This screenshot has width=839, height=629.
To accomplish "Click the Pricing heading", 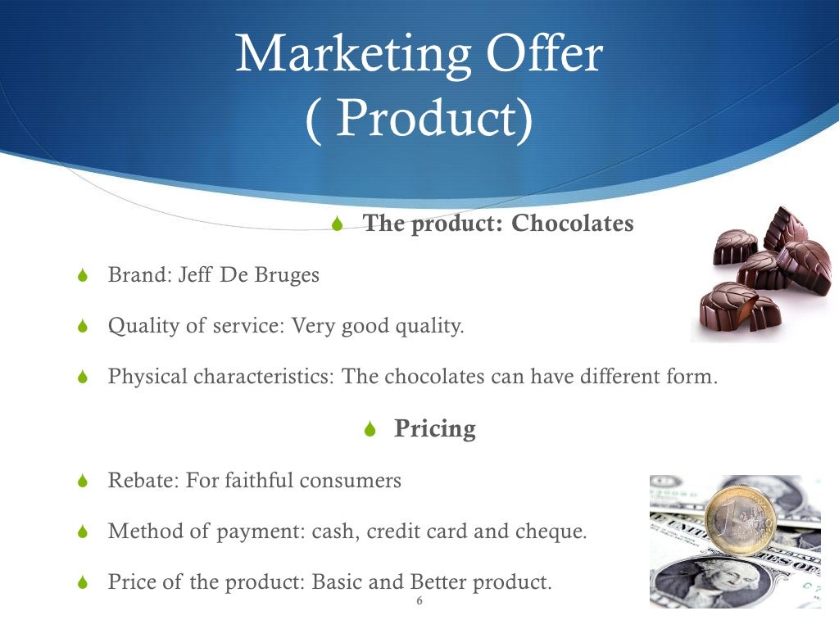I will [x=434, y=428].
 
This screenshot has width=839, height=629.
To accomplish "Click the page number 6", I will [x=419, y=602].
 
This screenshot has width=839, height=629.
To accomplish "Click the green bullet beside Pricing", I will [x=370, y=429].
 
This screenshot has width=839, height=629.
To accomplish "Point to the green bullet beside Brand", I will [x=81, y=276].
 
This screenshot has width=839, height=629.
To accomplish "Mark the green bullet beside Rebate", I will [x=81, y=482].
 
